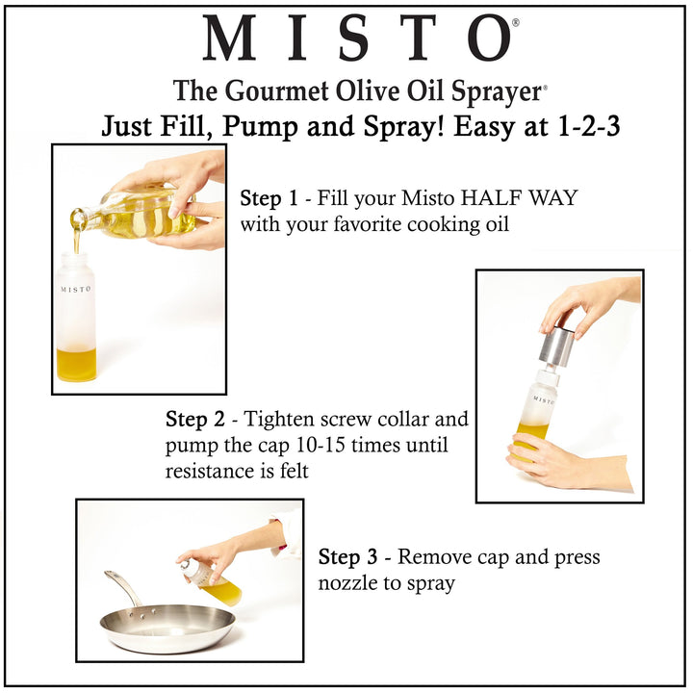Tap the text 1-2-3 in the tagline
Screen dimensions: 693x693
[589, 125]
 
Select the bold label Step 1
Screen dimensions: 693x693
[269, 197]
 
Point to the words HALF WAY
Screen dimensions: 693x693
[519, 197]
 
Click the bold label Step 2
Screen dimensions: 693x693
[194, 419]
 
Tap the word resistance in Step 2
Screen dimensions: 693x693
[209, 471]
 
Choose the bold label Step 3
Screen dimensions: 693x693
[347, 556]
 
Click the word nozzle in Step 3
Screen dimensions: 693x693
[347, 583]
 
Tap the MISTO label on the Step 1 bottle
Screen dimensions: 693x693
[76, 289]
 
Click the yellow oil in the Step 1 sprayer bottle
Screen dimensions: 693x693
[76, 364]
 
